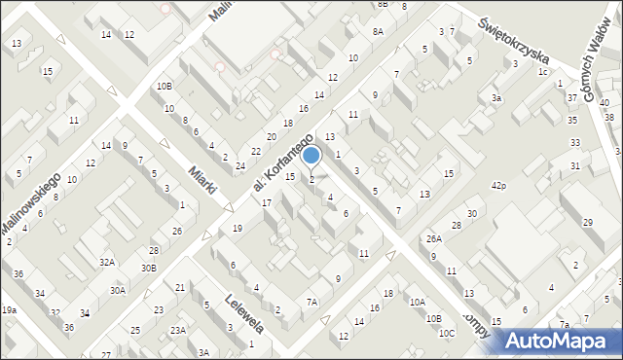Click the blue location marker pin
[311, 156]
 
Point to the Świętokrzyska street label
[516, 39]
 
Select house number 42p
[499, 185]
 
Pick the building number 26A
[433, 238]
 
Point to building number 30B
[148, 268]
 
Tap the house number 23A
[178, 330]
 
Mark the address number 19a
[9, 309]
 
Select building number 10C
[446, 334]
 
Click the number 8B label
[383, 4]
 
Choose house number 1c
[543, 72]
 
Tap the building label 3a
[496, 98]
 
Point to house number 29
[587, 223]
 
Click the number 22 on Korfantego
[255, 151]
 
